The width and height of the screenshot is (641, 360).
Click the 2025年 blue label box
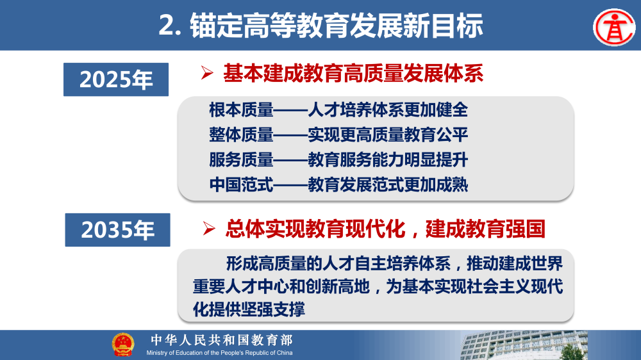(x=116, y=80)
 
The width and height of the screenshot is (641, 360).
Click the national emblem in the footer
(x=123, y=345)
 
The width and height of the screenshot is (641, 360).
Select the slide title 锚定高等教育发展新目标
(x=320, y=26)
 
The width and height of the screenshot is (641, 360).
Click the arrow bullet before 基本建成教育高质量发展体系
(x=206, y=74)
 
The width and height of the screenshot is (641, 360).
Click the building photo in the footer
(x=551, y=345)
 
